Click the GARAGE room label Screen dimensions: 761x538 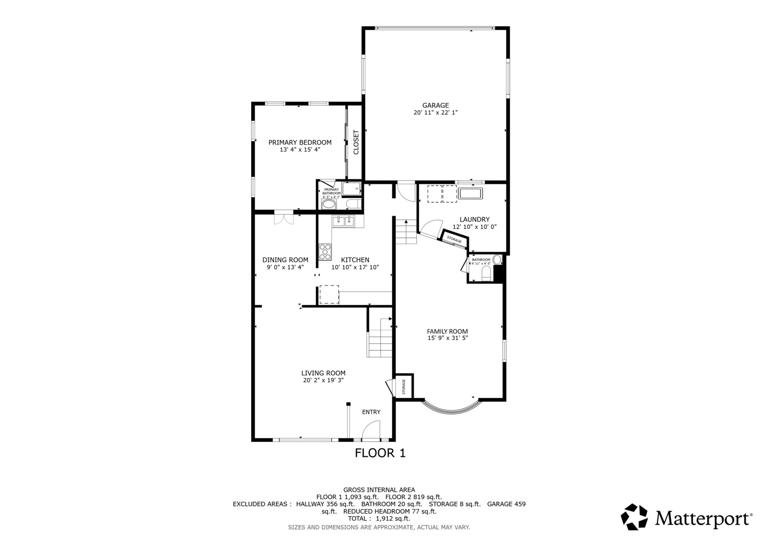click(x=436, y=106)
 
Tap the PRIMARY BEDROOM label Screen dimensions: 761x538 click(x=300, y=142)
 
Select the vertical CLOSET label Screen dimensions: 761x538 click(x=356, y=142)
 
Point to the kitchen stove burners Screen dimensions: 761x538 click(x=325, y=252)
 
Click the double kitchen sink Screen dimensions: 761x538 click(x=343, y=221)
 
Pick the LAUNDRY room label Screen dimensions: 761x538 click(x=474, y=219)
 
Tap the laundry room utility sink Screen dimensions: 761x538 click(x=470, y=194)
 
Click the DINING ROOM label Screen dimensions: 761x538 click(x=286, y=260)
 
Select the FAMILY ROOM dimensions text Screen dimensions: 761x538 click(x=448, y=338)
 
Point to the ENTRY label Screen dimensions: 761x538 click(x=371, y=412)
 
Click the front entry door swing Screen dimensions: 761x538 click(x=371, y=430)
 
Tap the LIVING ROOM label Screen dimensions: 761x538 click(x=323, y=373)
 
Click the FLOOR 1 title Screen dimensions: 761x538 click(x=380, y=453)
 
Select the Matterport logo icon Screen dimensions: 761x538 click(x=634, y=517)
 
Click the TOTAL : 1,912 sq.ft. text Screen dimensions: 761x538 click(x=379, y=519)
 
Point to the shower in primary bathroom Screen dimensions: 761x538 click(x=351, y=189)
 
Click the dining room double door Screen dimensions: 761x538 click(x=284, y=217)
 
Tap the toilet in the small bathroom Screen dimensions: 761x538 click(x=486, y=273)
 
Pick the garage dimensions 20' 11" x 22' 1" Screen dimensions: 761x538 click(x=436, y=113)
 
